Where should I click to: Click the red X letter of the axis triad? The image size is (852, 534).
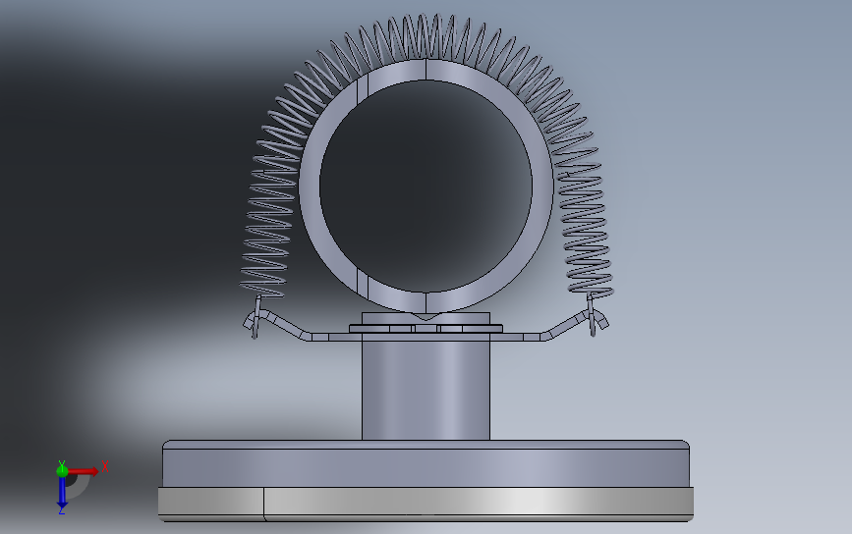pos(105,466)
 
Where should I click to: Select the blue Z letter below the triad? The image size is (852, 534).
pos(61,511)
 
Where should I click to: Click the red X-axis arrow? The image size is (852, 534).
pos(83,471)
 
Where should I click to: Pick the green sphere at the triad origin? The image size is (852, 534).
pos(62,471)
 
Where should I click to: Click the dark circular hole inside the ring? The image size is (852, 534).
pos(426,186)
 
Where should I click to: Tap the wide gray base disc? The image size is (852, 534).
pos(426,463)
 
